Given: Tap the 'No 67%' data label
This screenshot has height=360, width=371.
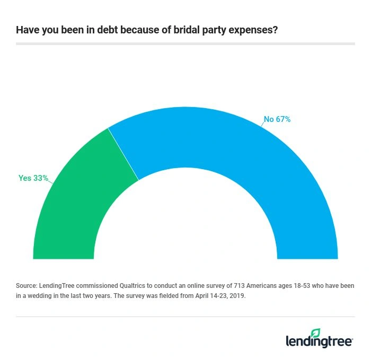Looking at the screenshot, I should pyautogui.click(x=277, y=119).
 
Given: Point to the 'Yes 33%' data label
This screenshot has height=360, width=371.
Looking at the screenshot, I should pyautogui.click(x=33, y=178).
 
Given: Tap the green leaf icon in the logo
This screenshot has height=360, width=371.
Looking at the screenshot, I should pyautogui.click(x=315, y=333).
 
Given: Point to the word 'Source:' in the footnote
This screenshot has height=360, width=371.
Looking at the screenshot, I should pyautogui.click(x=27, y=286).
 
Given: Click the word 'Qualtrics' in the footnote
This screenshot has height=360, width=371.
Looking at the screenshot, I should pyautogui.click(x=126, y=286).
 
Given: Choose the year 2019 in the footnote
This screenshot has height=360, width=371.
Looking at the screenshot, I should pyautogui.click(x=237, y=296).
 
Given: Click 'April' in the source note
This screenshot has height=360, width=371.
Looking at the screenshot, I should pyautogui.click(x=190, y=296).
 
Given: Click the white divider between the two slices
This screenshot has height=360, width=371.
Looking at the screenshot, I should pyautogui.click(x=123, y=154).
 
